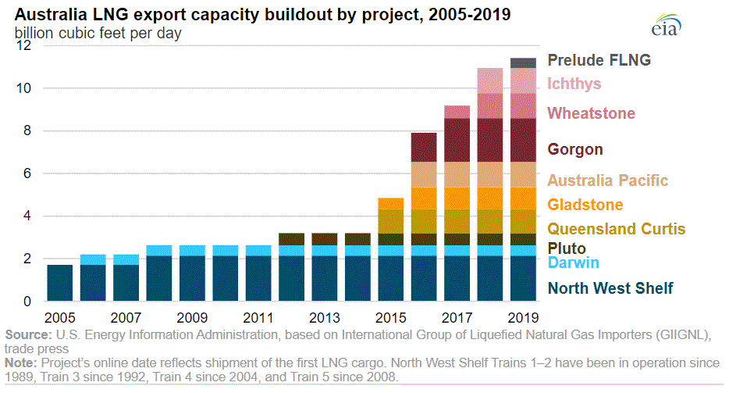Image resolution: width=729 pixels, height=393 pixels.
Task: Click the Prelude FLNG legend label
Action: pyautogui.click(x=599, y=60)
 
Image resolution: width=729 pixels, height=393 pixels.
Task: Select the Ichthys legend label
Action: pyautogui.click(x=574, y=84)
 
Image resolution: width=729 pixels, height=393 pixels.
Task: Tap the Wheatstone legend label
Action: pyautogui.click(x=591, y=113)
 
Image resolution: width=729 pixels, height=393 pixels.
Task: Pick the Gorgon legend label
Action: pyautogui.click(x=575, y=149)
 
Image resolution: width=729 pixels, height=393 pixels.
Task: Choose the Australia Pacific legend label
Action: pyautogui.click(x=608, y=180)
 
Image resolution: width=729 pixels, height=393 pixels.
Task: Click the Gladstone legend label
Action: pyautogui.click(x=585, y=205)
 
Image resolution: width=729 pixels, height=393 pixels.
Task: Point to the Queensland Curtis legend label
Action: pyautogui.click(x=617, y=229)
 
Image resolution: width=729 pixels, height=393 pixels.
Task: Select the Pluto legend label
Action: pyautogui.click(x=567, y=248)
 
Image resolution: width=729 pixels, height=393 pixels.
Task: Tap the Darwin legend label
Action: pyautogui.click(x=574, y=263)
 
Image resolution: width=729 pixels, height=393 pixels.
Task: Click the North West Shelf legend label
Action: pyautogui.click(x=610, y=288)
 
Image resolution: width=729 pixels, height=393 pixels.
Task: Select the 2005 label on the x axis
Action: pyautogui.click(x=59, y=318)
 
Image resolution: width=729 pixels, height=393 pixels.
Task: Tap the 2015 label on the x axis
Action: pyautogui.click(x=390, y=318)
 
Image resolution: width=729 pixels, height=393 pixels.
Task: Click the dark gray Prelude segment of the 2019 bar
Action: pyautogui.click(x=523, y=63)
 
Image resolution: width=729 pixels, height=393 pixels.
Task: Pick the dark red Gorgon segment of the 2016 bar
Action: pyautogui.click(x=424, y=147)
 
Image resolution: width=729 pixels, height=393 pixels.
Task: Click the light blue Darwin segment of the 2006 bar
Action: pyautogui.click(x=93, y=259)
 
